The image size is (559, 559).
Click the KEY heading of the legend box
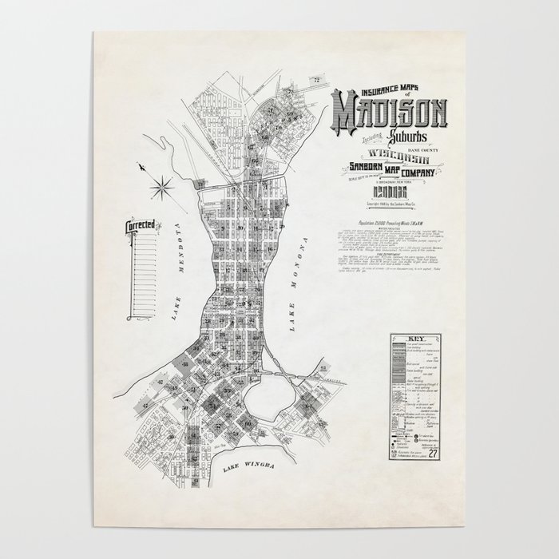tap(414, 339)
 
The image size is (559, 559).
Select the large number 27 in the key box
tap(431, 455)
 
